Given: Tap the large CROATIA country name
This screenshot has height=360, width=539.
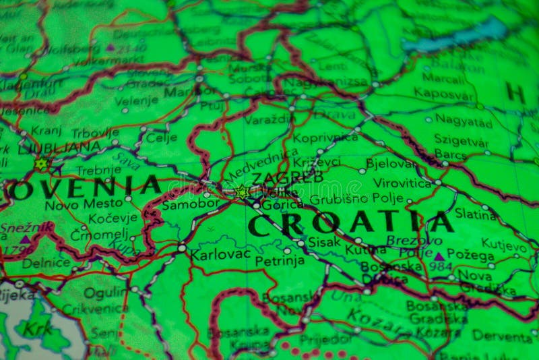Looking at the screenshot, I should (x=350, y=223).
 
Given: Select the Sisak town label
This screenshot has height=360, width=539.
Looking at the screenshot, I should (x=324, y=242).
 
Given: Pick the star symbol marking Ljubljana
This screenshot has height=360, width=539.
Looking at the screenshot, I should (x=41, y=163).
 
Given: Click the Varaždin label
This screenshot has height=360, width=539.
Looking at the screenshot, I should (x=269, y=119).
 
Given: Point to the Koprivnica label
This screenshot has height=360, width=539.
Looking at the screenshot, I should (x=325, y=138).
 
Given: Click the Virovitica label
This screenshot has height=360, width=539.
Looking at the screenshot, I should (x=402, y=183).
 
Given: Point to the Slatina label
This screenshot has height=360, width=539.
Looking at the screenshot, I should (x=476, y=214).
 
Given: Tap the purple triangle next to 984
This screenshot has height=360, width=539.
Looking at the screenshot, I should (x=439, y=256).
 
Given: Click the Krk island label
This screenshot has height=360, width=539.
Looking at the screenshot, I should (x=37, y=328).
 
